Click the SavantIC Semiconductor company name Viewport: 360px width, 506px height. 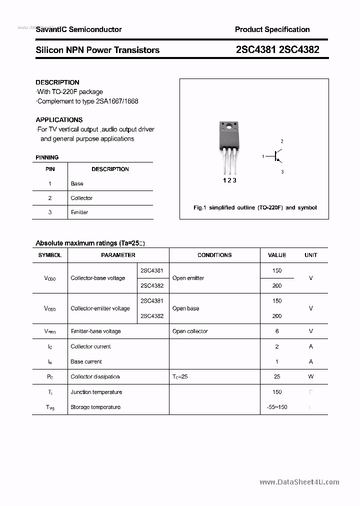coord(78,29)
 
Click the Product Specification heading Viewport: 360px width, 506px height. coord(272,29)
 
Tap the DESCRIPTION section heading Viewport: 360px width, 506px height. coord(57,82)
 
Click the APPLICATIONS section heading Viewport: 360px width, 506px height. coord(59,119)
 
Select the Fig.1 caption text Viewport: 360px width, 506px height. coord(254,207)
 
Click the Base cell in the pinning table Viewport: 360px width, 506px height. coord(77,183)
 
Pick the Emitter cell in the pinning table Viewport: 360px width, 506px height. coord(79,212)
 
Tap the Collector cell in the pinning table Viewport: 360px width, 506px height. coord(81,198)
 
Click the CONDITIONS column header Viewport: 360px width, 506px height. coord(214,255)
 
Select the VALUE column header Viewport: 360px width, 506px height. coord(277,255)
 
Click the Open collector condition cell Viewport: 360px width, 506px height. coord(190,331)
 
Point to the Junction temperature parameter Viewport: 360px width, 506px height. coord(96,392)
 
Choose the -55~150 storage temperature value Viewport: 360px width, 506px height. coord(277,407)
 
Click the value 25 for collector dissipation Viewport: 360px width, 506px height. coord(277,376)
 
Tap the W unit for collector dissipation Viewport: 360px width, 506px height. coord(310,376)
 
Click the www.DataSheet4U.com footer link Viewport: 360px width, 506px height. coord(299,482)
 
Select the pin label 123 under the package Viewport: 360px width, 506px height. coord(229,180)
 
